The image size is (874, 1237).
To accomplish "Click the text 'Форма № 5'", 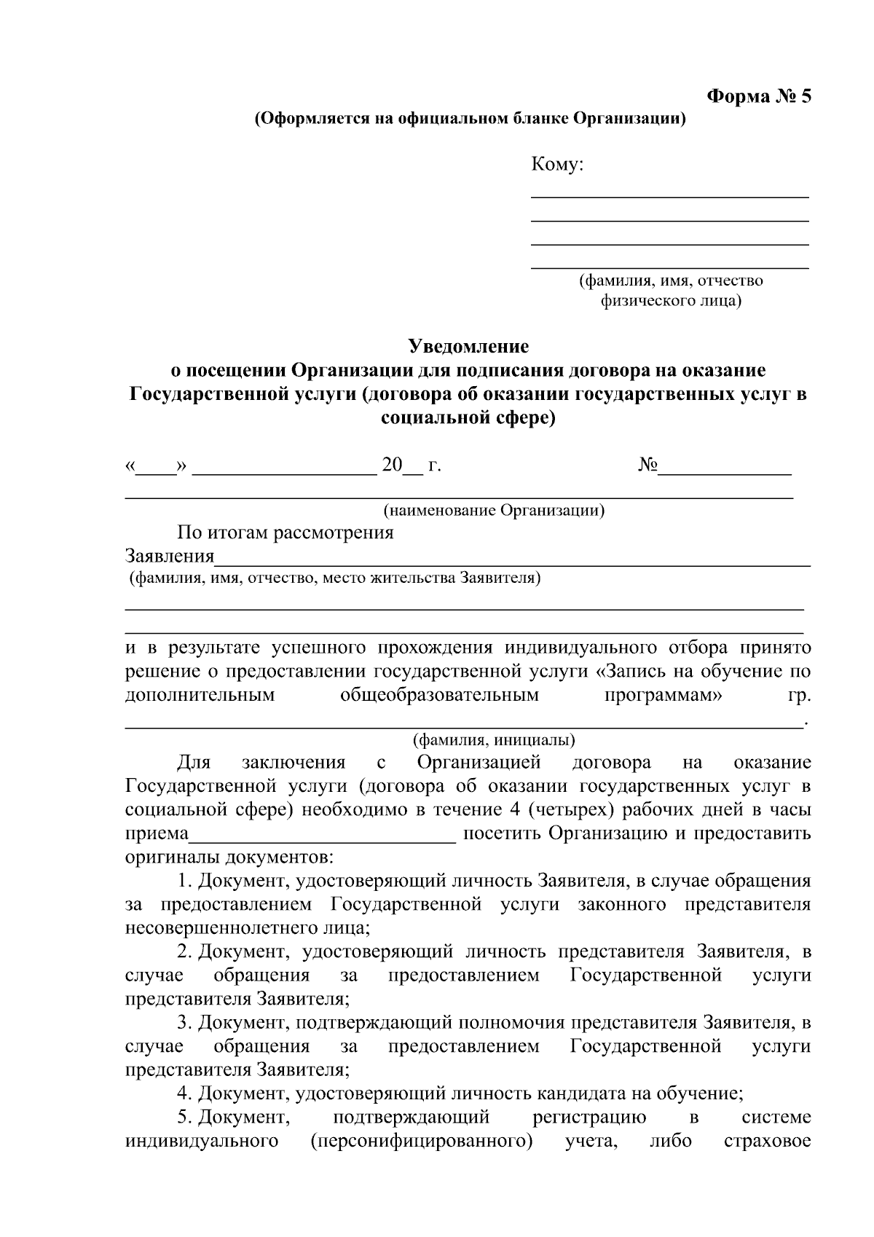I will click(759, 97).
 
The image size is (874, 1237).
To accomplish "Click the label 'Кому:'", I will click(557, 165).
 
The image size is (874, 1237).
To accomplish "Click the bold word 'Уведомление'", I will click(468, 345).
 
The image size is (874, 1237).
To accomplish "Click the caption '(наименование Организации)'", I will click(494, 510).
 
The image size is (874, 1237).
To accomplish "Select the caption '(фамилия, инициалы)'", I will click(494, 740).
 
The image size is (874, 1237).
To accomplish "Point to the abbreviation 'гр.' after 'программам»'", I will click(799, 695).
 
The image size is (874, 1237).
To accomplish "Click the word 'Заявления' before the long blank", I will click(170, 557).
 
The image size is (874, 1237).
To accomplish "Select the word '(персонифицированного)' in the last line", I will click(421, 1140).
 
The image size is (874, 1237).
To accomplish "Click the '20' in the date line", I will click(392, 465).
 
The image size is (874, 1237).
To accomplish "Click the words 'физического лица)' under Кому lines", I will click(670, 300).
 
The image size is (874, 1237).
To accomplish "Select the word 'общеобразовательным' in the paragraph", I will click(439, 695).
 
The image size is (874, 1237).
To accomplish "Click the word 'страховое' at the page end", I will click(767, 1140).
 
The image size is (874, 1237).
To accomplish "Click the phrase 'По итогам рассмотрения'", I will click(285, 533).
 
